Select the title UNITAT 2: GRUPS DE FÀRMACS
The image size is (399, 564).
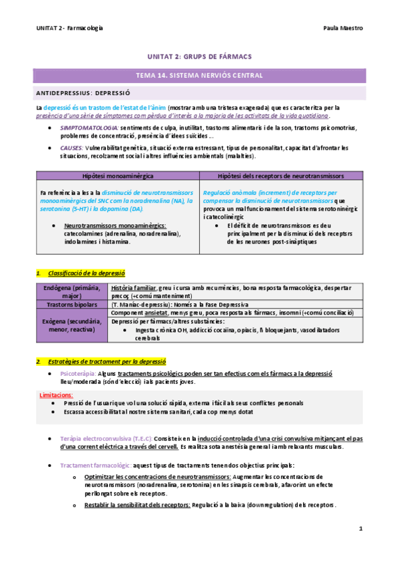pyautogui.click(x=199, y=57)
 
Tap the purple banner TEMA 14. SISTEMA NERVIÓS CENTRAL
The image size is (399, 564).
pyautogui.click(x=199, y=75)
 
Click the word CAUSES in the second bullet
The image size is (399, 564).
pyautogui.click(x=71, y=148)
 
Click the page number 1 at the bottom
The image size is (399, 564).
pyautogui.click(x=360, y=529)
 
